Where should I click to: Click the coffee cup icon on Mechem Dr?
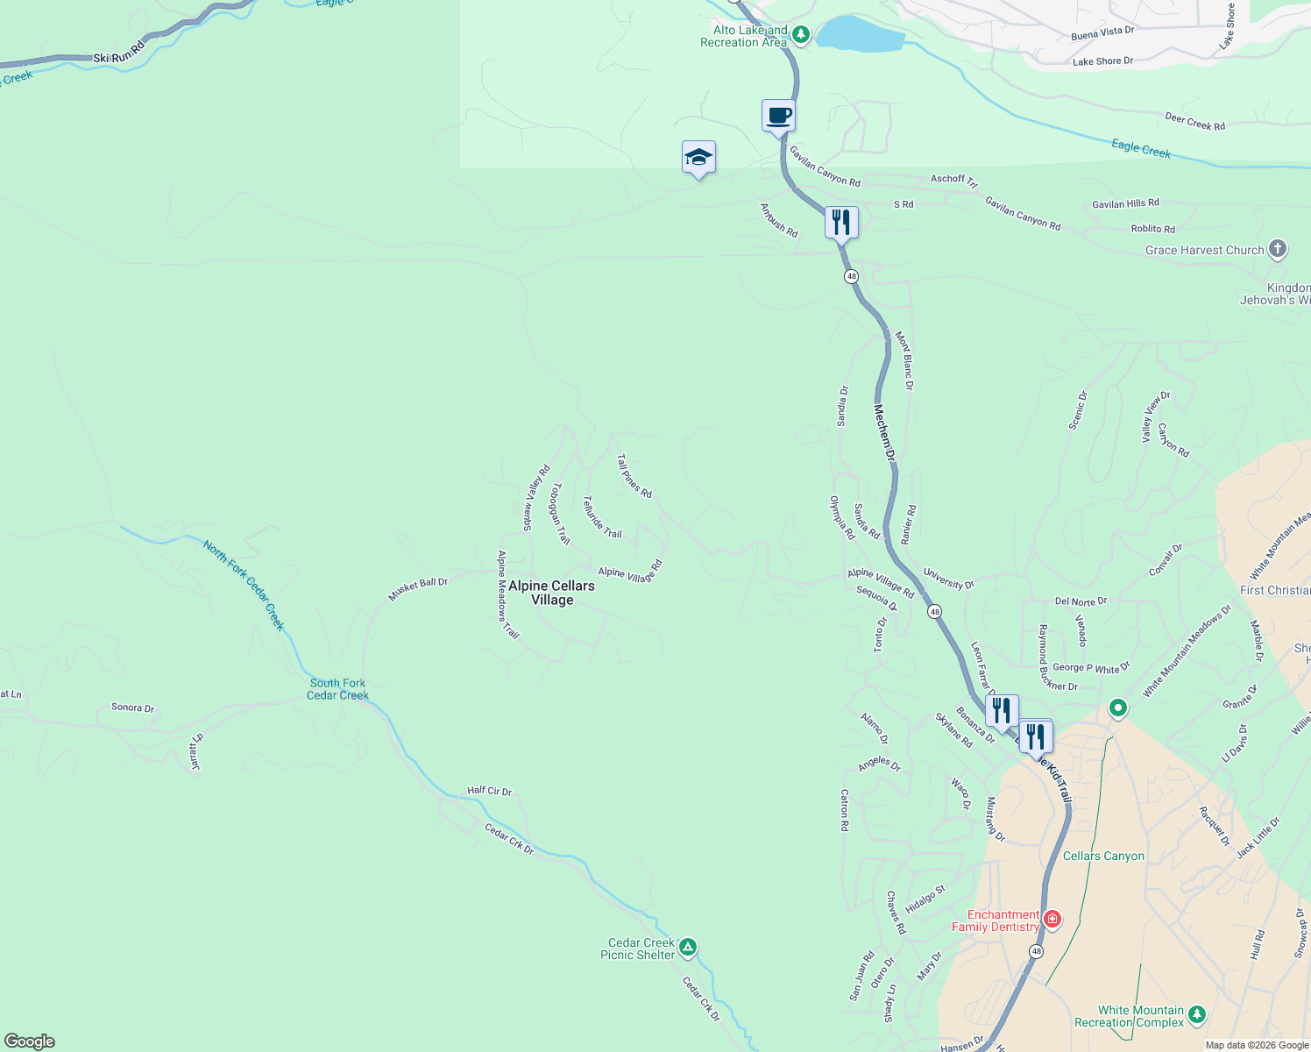click(x=778, y=115)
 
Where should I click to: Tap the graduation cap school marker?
click(x=698, y=158)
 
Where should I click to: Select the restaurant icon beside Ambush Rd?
click(x=841, y=223)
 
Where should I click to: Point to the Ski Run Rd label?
click(x=119, y=53)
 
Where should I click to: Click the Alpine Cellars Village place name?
click(x=552, y=593)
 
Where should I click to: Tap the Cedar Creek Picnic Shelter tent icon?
click(x=689, y=947)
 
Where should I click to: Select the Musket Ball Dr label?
click(x=418, y=588)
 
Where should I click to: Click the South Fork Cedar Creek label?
click(x=338, y=689)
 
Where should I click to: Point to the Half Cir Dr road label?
click(x=489, y=791)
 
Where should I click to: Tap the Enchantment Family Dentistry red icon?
click(x=1052, y=920)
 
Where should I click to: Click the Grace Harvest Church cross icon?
click(x=1278, y=249)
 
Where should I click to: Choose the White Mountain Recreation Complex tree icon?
click(x=1197, y=1015)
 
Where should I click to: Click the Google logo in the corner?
click(x=30, y=1041)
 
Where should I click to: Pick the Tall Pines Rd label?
click(x=634, y=476)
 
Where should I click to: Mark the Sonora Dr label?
click(x=132, y=707)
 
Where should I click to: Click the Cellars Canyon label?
click(x=1103, y=856)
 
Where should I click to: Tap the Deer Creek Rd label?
click(x=1194, y=122)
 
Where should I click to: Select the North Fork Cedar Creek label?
click(x=244, y=585)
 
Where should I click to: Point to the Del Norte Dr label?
click(x=1081, y=601)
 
